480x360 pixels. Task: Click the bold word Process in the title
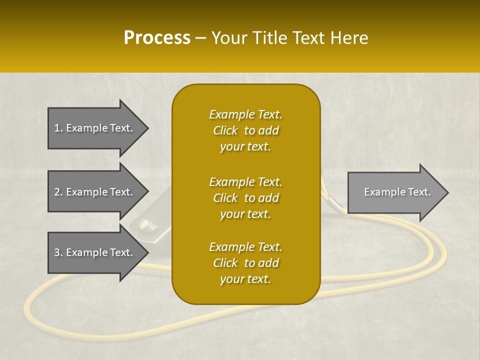pos(157,37)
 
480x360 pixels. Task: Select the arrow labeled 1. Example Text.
pos(95,128)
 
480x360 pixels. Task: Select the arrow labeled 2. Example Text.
pos(95,192)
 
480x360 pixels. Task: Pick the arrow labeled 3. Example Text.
pos(95,252)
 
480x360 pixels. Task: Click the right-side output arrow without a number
pos(395,192)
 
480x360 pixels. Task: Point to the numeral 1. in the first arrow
pos(58,128)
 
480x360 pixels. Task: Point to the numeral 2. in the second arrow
pos(58,192)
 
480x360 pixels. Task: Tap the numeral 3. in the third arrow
pos(58,252)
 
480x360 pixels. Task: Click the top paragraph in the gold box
pos(245,130)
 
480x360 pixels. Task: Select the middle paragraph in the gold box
pos(245,197)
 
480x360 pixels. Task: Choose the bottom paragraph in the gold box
pos(245,263)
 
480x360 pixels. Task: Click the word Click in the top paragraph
pos(225,130)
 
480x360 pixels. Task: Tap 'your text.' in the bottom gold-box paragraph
pos(245,279)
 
